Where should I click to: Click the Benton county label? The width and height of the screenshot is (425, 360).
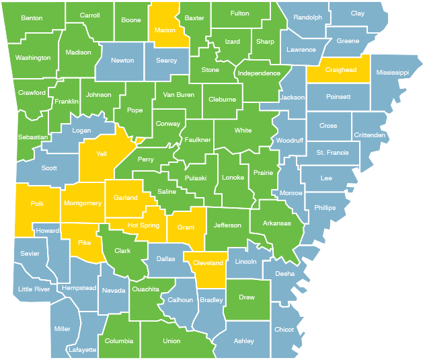point(32,18)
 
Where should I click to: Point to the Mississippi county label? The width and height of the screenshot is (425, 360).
point(393,71)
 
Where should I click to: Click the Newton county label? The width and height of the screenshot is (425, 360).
point(122,60)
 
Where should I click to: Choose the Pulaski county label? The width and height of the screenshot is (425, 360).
point(196,178)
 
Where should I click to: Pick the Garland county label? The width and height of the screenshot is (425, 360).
point(126,198)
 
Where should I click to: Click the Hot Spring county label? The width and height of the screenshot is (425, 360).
point(143,225)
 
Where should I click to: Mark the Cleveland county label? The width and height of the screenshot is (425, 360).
point(208,263)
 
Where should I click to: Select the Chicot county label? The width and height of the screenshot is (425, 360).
point(284,330)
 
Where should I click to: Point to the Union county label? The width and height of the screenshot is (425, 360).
point(171,341)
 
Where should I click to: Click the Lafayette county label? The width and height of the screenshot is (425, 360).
point(81,350)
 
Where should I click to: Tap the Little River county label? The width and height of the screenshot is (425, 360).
point(34,290)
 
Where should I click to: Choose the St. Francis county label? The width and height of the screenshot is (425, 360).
point(332,153)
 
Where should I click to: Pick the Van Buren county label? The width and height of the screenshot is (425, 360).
point(179,95)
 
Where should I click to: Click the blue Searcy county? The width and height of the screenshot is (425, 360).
point(166,61)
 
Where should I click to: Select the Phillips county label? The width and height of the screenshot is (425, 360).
point(325,208)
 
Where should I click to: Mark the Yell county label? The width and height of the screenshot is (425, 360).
point(102,154)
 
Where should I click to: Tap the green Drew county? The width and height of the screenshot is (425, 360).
point(247,297)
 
